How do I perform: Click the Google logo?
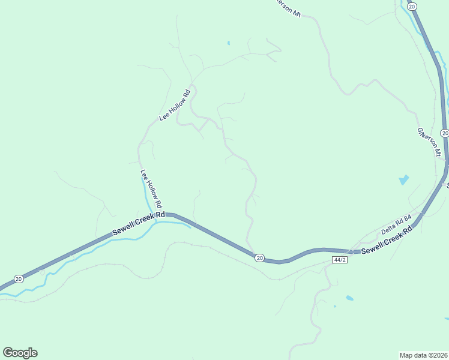point(20,353)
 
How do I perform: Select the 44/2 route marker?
point(339,259)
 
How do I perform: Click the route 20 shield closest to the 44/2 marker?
point(259,257)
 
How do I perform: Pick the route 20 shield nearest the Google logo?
point(19,279)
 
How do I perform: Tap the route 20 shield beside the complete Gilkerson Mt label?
point(444,133)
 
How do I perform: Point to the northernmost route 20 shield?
point(411,5)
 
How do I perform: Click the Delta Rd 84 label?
point(396,224)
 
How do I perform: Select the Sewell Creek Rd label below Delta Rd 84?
point(387,238)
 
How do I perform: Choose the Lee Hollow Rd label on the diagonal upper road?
point(175,105)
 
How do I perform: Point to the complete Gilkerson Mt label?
point(429,142)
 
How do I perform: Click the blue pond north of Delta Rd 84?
point(403,179)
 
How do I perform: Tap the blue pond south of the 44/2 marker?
point(349,298)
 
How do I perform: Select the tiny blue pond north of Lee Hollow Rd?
point(229,43)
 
